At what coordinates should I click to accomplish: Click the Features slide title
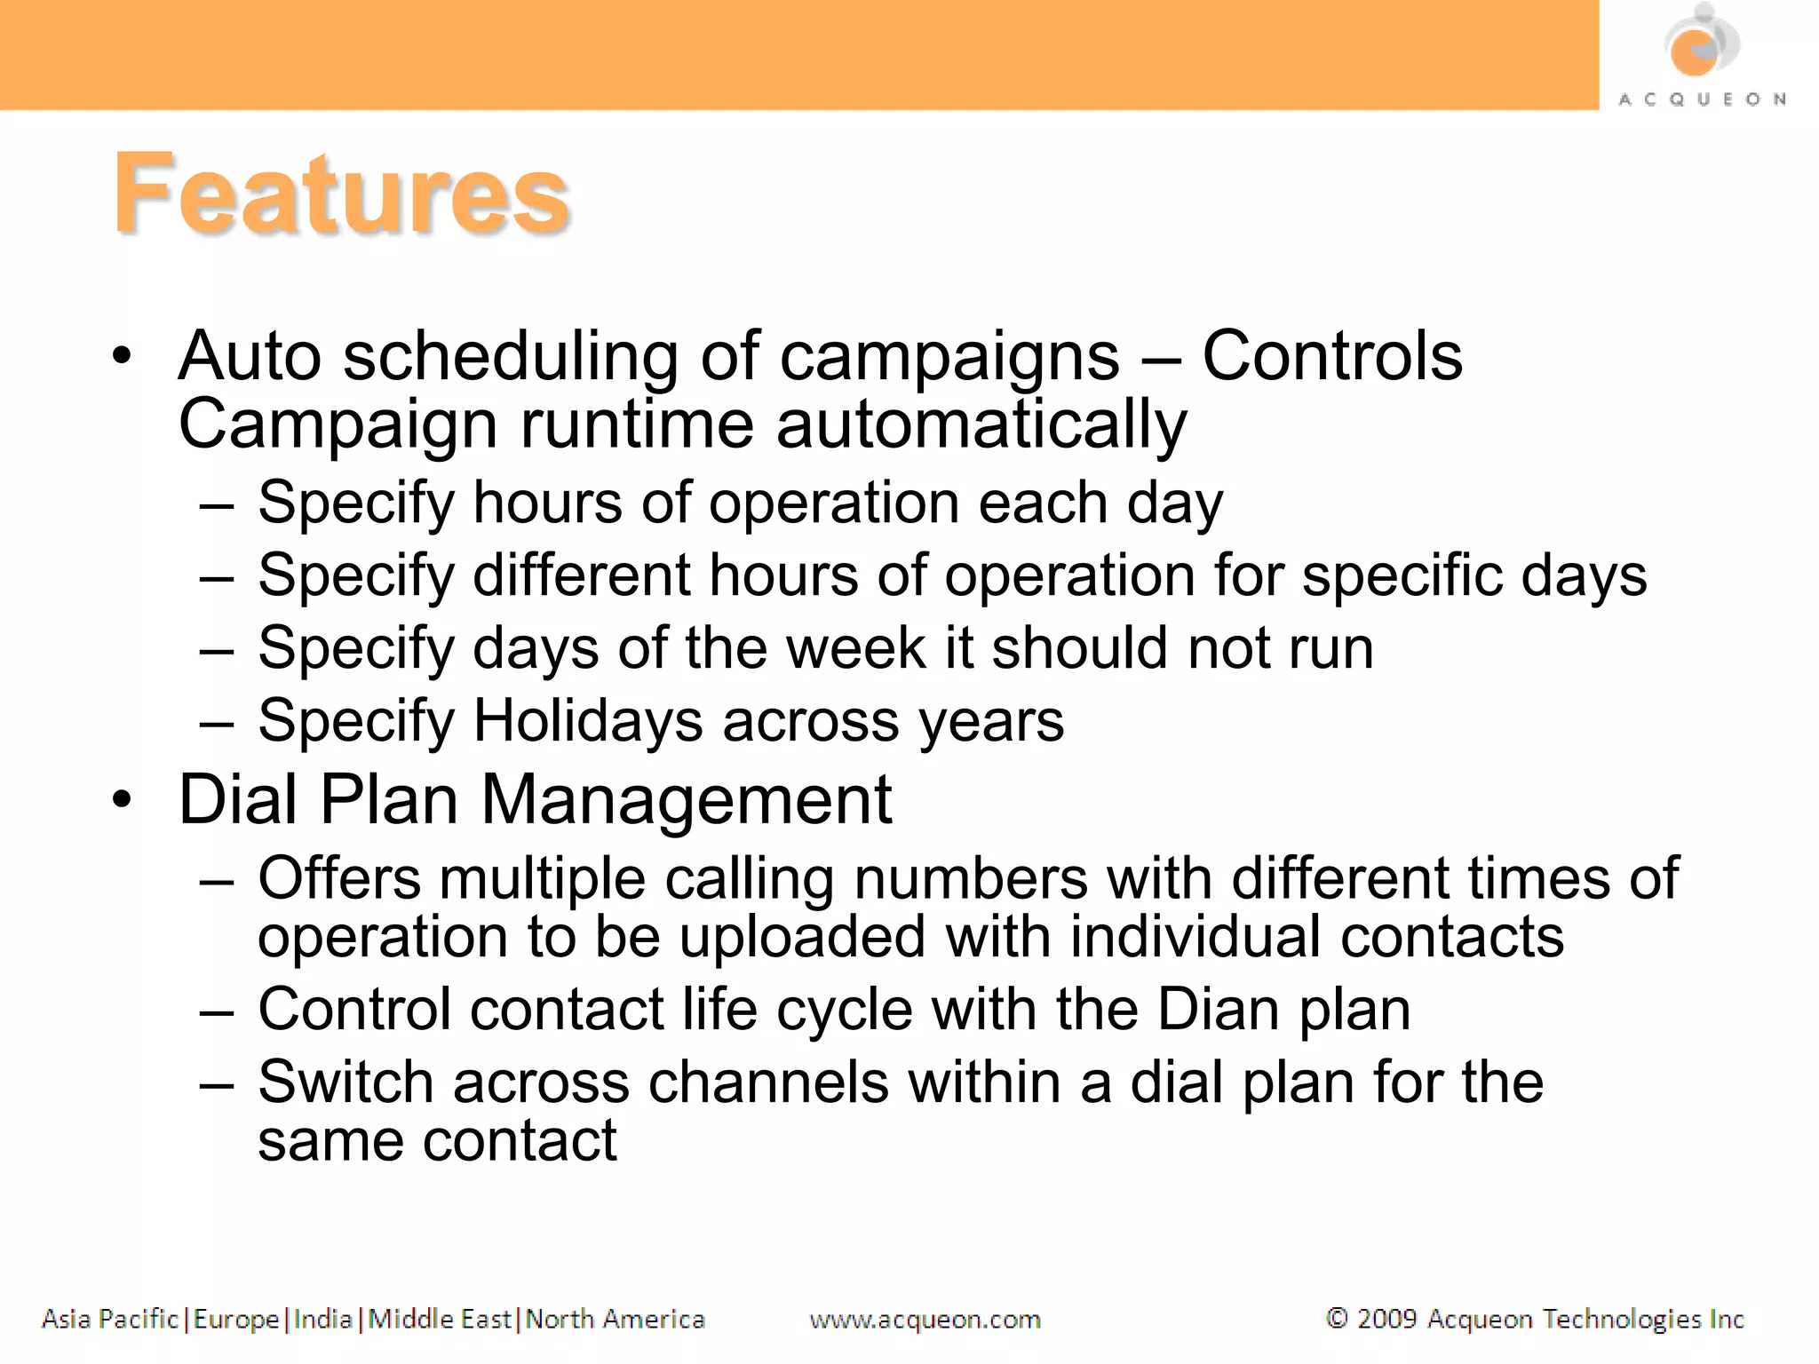[341, 194]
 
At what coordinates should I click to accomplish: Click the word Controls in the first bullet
[1331, 356]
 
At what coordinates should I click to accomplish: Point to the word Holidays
[588, 720]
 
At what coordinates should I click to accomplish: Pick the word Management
[686, 799]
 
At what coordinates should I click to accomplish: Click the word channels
[768, 1082]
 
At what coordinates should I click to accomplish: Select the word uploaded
[803, 937]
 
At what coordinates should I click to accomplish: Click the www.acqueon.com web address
[925, 1320]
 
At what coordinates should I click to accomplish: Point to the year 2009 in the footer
[1386, 1319]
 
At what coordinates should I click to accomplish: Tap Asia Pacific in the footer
[110, 1320]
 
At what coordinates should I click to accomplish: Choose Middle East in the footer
[440, 1320]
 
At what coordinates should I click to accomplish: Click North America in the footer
[615, 1320]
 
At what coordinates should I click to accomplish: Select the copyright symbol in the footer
[1336, 1318]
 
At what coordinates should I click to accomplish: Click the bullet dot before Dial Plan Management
[123, 799]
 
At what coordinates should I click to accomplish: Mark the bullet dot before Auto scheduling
[123, 356]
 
